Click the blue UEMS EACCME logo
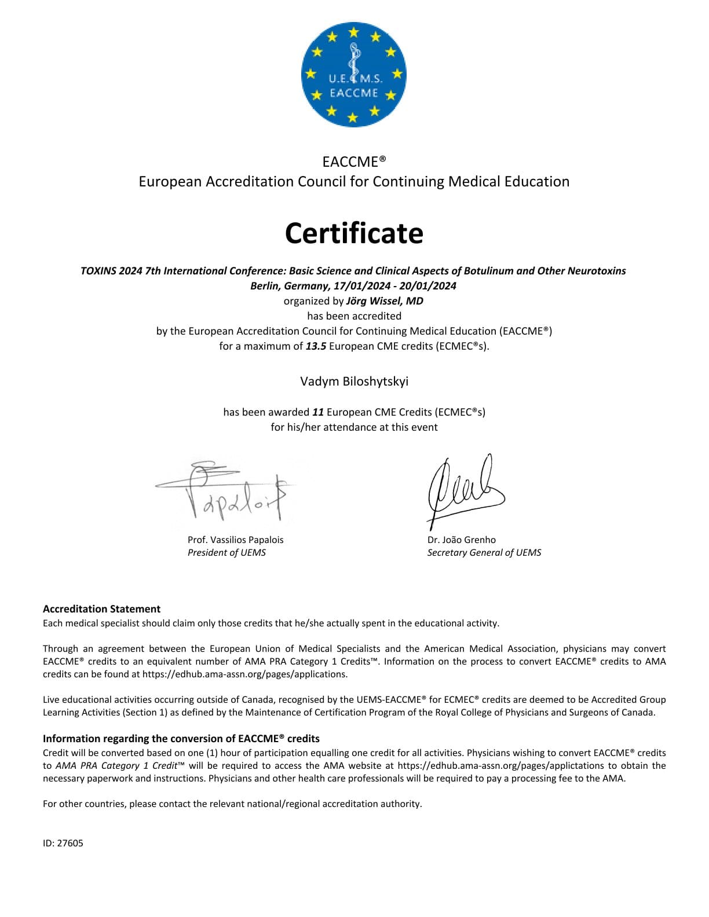[353, 74]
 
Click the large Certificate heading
[354, 233]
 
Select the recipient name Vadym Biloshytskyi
[354, 381]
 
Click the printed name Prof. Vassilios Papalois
[235, 540]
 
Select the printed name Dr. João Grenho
[461, 540]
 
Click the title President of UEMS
[226, 552]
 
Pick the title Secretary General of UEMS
[484, 552]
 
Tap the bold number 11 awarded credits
[317, 412]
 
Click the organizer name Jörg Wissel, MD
[385, 301]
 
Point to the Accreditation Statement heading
[101, 609]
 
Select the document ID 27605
[63, 843]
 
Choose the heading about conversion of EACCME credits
[181, 739]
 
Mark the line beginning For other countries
[232, 804]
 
